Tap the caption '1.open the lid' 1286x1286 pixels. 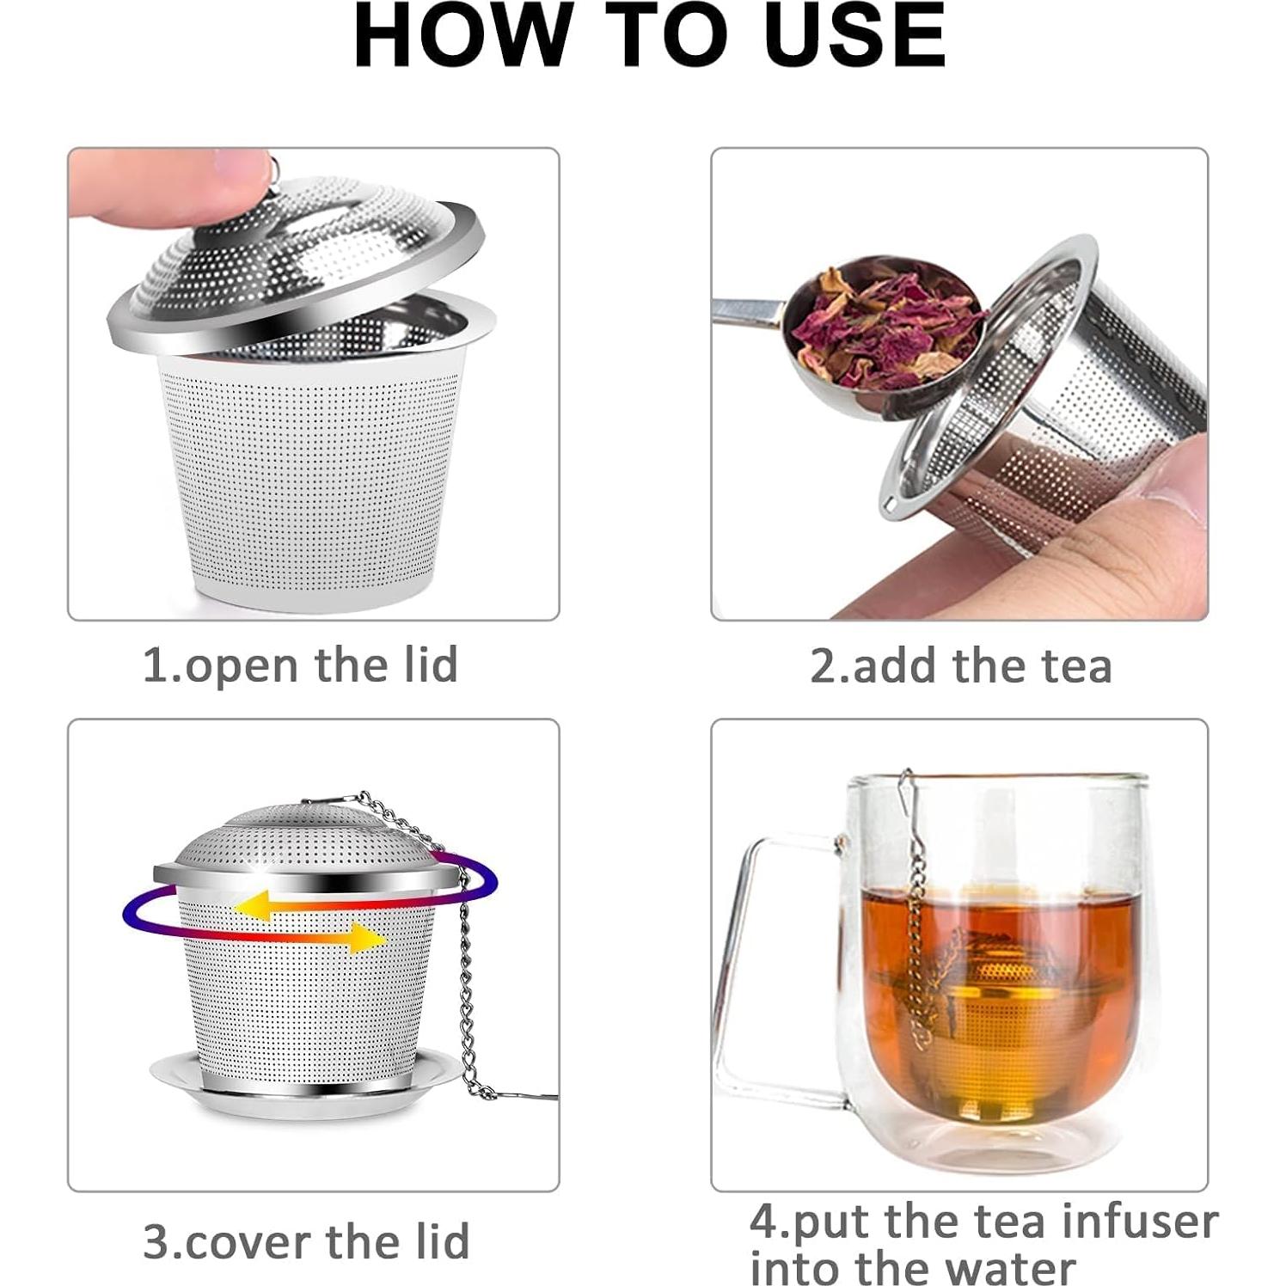[300, 665]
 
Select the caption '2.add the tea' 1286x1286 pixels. [960, 665]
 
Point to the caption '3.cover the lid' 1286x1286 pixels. [306, 1241]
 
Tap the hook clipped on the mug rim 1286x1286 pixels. [907, 791]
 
